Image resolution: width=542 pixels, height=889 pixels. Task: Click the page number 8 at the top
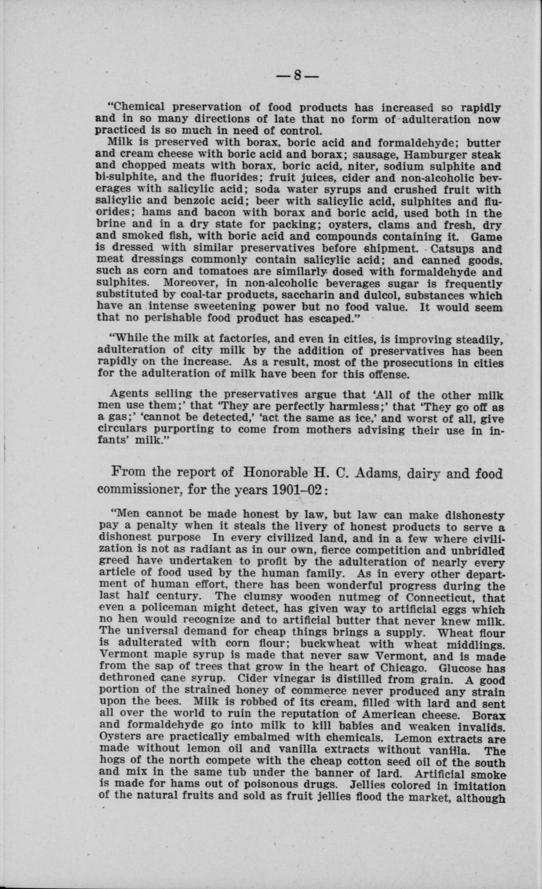point(297,75)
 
